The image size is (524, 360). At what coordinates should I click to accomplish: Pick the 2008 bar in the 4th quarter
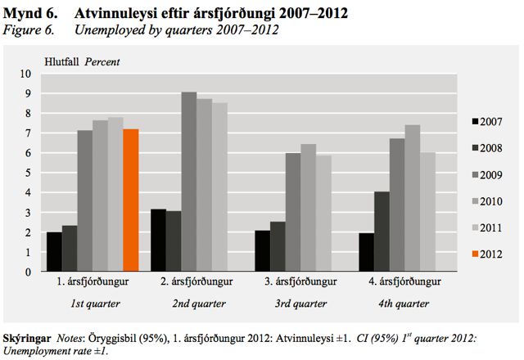tap(382, 232)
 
